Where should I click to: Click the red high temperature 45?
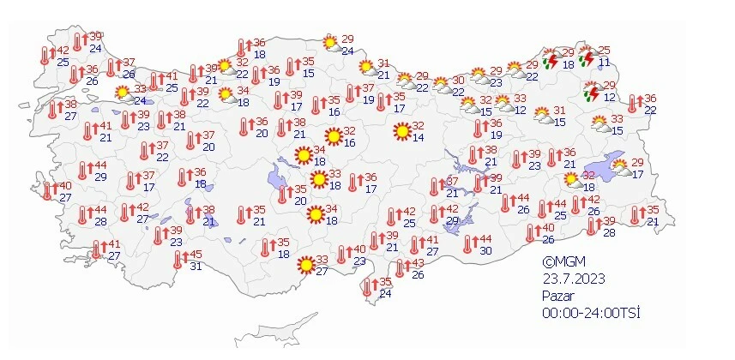196,255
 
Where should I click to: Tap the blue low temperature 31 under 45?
196,267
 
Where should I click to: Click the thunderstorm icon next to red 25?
587,58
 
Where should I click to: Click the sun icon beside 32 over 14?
401,132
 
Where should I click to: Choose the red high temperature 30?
458,81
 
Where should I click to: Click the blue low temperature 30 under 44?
485,250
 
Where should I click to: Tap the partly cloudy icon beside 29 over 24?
330,43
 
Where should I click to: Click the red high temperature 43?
418,263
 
